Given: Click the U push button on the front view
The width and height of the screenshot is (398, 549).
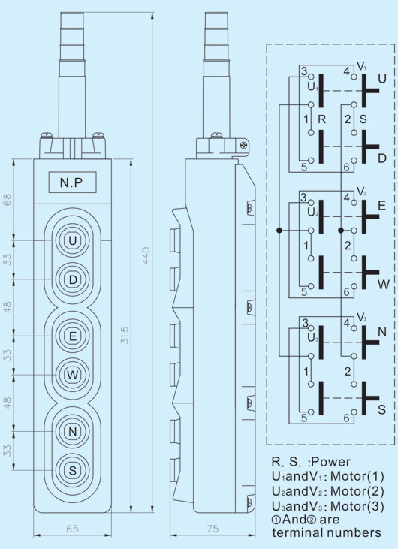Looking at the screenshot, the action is point(72,241).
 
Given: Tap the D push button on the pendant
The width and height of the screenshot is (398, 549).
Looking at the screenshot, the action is point(72,279).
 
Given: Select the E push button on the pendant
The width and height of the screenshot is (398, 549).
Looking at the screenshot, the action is point(72,336).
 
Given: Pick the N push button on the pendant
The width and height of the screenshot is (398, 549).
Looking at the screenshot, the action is point(72,432).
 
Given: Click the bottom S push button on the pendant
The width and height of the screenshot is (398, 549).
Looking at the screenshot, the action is point(72,471).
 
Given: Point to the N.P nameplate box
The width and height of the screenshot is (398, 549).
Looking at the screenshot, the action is point(72,182).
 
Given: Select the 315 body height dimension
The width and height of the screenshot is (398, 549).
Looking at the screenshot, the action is point(125,335).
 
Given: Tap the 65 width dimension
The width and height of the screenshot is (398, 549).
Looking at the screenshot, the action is point(72,529).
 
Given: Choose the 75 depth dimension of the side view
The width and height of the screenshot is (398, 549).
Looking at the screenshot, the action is point(213,529).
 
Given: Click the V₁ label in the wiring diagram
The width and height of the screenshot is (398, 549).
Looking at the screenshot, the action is point(361,66).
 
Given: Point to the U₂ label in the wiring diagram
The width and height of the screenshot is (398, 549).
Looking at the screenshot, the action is point(312,213).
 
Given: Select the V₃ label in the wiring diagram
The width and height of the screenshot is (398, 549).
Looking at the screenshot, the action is point(361,318).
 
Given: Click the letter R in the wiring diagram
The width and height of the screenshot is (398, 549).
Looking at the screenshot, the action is point(322,119).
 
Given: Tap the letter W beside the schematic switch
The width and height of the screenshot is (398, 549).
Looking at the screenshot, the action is point(384,285).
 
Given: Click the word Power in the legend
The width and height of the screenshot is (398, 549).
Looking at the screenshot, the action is point(330,462).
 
